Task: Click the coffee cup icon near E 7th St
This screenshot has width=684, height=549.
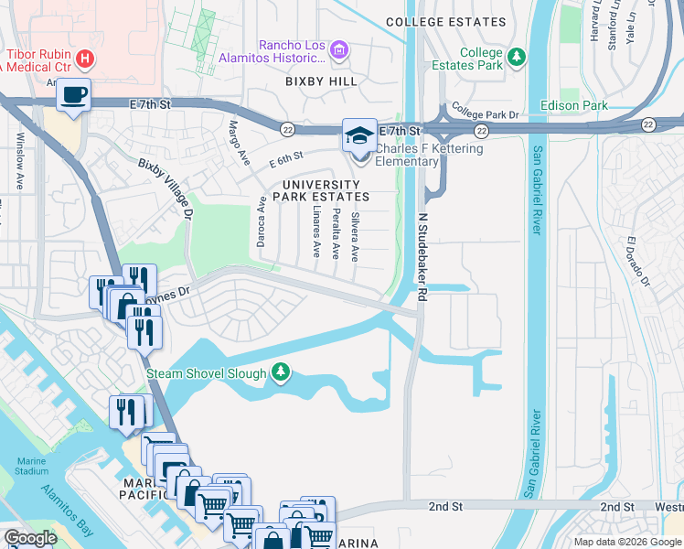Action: (73, 93)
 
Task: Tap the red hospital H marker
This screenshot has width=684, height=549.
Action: (85, 59)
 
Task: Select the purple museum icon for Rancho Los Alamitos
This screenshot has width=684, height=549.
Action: (338, 48)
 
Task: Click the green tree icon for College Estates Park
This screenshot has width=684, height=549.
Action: (518, 57)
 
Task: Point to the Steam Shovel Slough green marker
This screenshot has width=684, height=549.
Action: (282, 371)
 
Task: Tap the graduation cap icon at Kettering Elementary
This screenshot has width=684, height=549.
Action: (358, 135)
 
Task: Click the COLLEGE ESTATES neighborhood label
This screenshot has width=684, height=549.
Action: (445, 22)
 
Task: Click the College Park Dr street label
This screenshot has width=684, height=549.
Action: (485, 114)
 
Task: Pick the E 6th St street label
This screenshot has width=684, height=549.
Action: (285, 161)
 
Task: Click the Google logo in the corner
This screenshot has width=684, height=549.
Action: (30, 538)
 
